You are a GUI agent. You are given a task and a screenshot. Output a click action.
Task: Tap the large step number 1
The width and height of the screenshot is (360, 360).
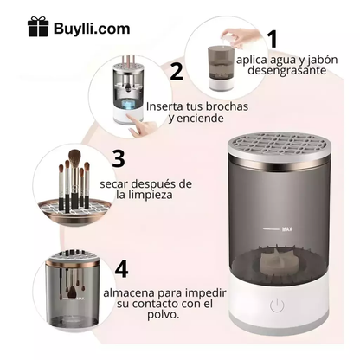[273, 40]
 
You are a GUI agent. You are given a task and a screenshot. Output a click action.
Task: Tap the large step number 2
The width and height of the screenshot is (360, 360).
[177, 72]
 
